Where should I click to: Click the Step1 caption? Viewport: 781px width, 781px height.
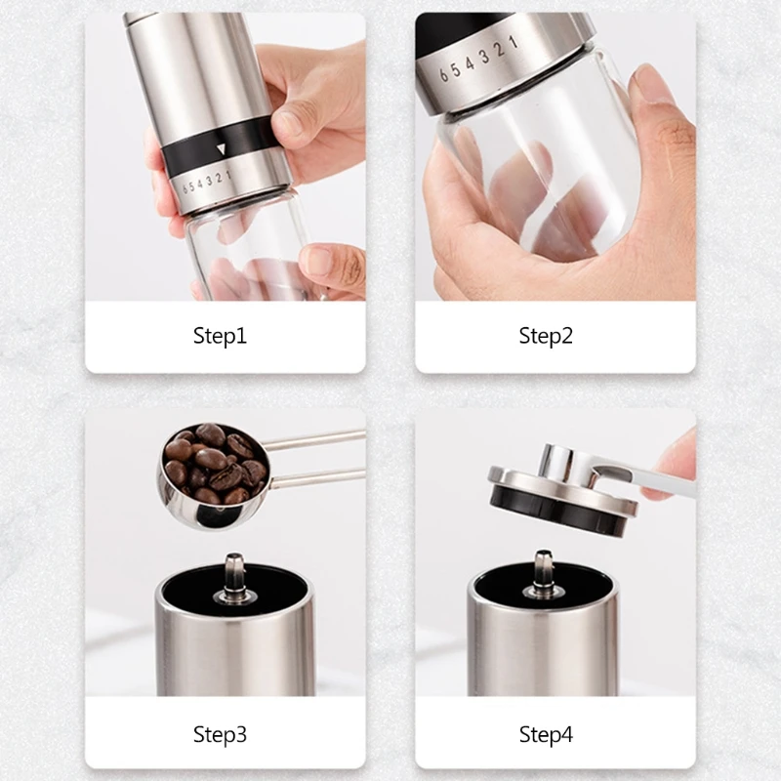(x=220, y=337)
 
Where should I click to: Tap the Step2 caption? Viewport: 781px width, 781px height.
(x=546, y=337)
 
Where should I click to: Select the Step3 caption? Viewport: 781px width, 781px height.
(x=220, y=734)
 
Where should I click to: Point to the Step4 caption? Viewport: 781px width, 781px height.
(x=546, y=734)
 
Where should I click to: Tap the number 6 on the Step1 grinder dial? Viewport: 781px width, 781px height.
(x=175, y=185)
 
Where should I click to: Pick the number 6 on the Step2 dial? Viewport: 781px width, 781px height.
(x=442, y=72)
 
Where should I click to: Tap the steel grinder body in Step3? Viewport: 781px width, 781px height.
(x=234, y=644)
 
